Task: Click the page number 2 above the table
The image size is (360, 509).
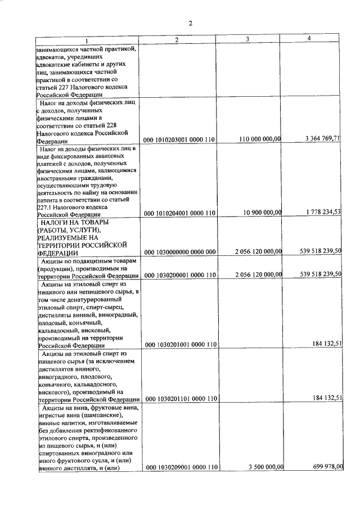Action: click(191, 23)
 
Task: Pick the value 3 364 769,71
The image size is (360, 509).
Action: click(322, 137)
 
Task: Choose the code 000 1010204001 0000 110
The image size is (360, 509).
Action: click(180, 214)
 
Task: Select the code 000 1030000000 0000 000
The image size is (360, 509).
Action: click(180, 251)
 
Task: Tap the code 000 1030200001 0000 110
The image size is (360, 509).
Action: click(180, 276)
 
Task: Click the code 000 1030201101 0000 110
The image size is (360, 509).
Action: click(180, 399)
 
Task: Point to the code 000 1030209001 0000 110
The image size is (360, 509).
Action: click(180, 467)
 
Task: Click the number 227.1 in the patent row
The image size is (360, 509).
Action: click(45, 206)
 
